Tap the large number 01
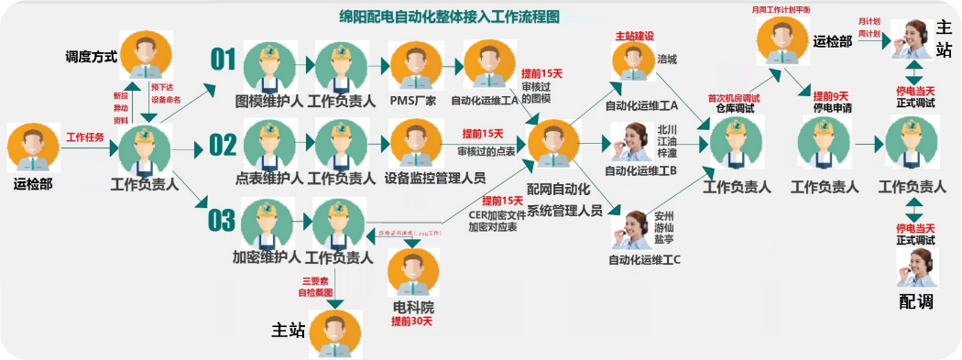(x=224, y=60)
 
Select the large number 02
(x=223, y=145)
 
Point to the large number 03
(x=222, y=221)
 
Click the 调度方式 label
(x=92, y=57)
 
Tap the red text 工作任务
(x=84, y=137)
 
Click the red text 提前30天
(x=411, y=322)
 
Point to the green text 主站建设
(x=634, y=36)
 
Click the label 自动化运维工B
(x=640, y=170)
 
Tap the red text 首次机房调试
(x=734, y=97)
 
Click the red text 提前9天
(x=831, y=96)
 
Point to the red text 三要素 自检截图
(x=315, y=287)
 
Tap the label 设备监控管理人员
(x=435, y=178)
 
